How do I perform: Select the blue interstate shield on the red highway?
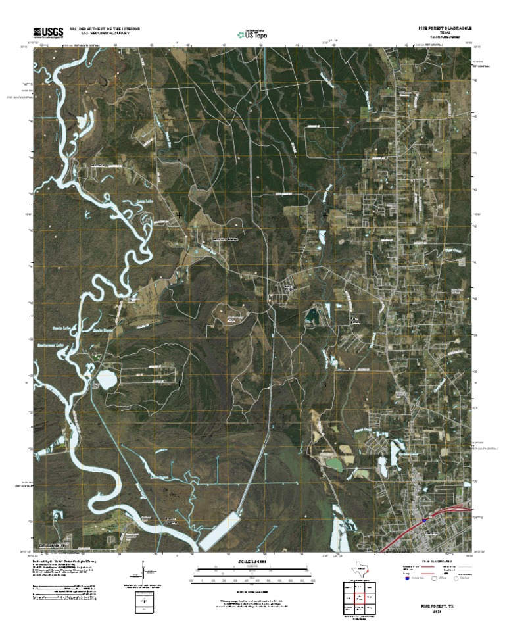[x=426, y=518]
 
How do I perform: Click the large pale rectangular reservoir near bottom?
[x=220, y=530]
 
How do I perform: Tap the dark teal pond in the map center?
[x=310, y=318]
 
